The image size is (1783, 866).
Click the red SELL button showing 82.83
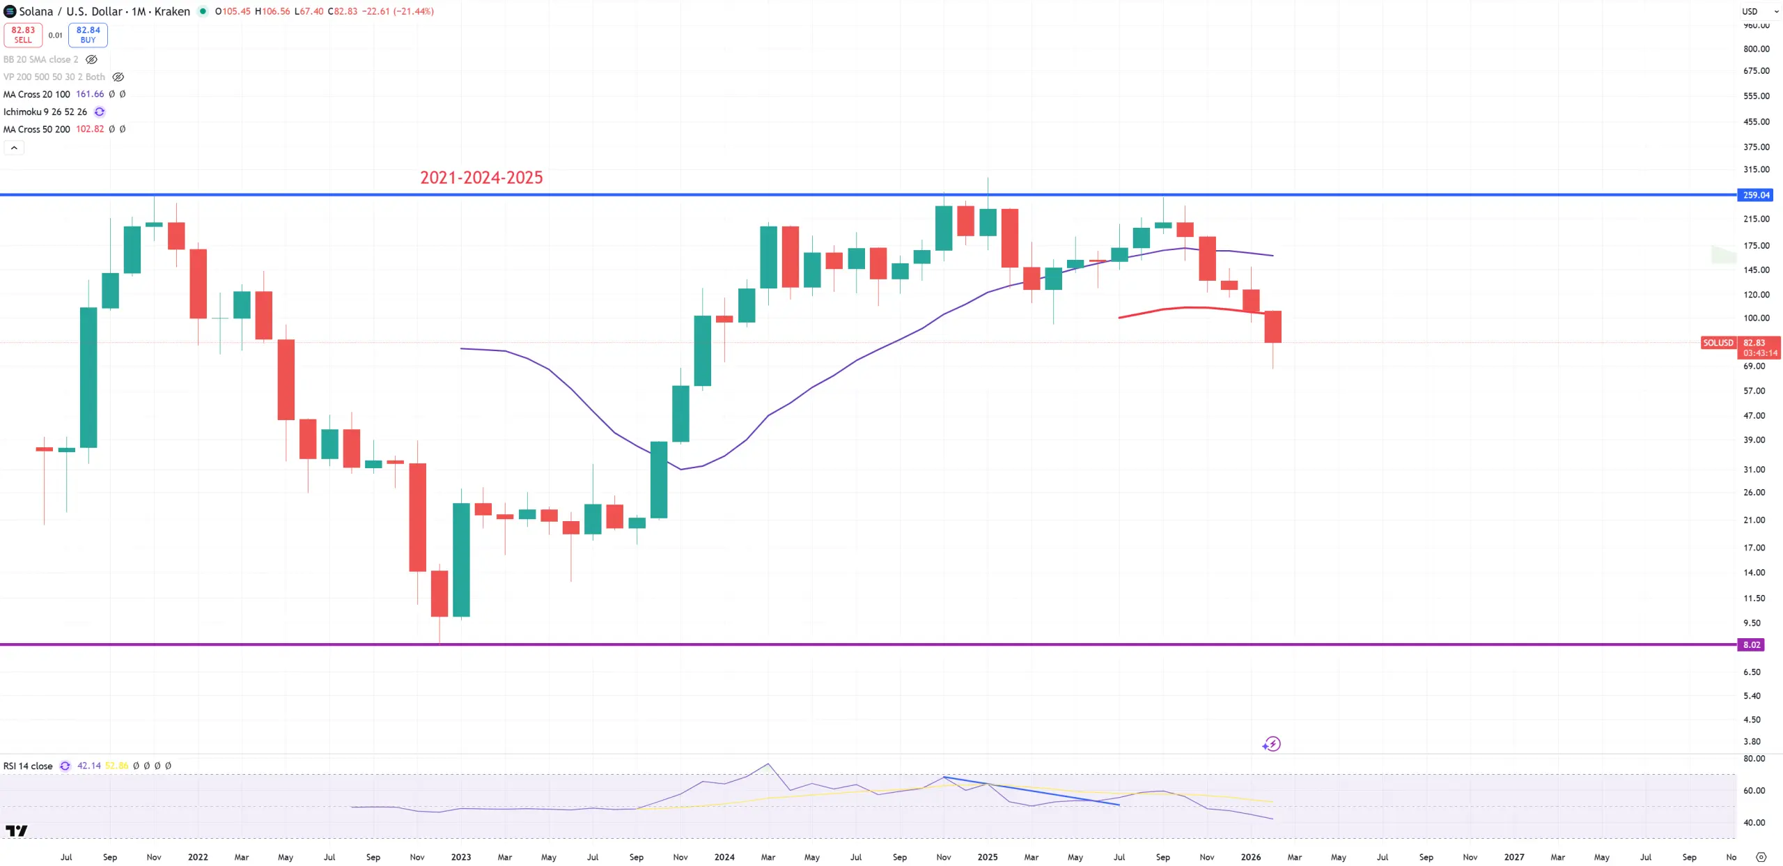tap(23, 35)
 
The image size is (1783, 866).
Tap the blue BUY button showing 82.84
tap(88, 35)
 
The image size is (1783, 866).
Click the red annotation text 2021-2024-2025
tap(481, 178)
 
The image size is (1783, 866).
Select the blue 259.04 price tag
tap(1755, 195)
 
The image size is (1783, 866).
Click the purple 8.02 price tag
tap(1751, 644)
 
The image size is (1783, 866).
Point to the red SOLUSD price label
tap(1718, 343)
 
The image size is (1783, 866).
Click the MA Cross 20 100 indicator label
tap(37, 94)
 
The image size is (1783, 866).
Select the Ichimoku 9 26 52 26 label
tap(45, 111)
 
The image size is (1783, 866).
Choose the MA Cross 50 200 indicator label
tap(37, 129)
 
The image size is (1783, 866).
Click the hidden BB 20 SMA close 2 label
tap(41, 59)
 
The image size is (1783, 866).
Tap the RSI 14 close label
tap(28, 766)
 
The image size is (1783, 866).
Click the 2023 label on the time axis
tap(461, 857)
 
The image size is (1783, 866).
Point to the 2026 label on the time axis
tap(1250, 857)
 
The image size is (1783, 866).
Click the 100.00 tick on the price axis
tap(1756, 318)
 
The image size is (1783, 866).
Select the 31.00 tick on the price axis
tap(1754, 470)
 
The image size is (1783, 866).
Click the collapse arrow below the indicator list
tap(14, 148)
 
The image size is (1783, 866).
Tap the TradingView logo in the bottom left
tap(16, 830)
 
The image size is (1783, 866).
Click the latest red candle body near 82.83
tap(1272, 327)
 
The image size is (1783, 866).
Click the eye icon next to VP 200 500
tap(118, 77)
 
